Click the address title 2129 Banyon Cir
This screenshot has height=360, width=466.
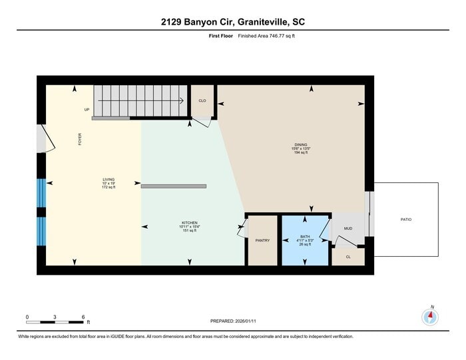[233, 22]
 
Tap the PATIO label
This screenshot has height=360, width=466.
[405, 219]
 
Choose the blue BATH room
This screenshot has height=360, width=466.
[305, 240]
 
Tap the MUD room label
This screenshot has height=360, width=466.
[348, 228]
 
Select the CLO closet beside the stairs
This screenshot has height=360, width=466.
[202, 100]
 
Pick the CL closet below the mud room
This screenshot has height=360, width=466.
[348, 256]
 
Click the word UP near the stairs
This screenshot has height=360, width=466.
[87, 110]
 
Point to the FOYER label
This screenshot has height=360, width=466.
[80, 139]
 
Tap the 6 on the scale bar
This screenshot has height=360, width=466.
[83, 316]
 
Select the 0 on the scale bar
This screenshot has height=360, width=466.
[27, 316]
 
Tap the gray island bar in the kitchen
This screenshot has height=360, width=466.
[172, 186]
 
